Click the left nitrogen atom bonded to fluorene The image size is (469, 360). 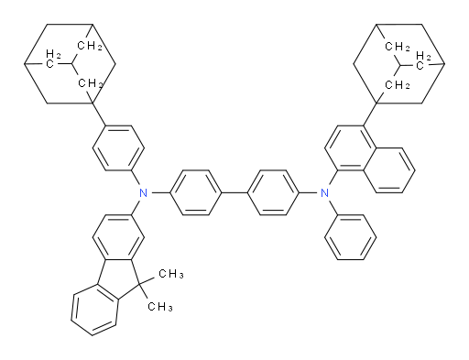click(x=141, y=192)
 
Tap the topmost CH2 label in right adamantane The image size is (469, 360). click(x=397, y=43)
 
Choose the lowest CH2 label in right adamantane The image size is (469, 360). click(x=396, y=85)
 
